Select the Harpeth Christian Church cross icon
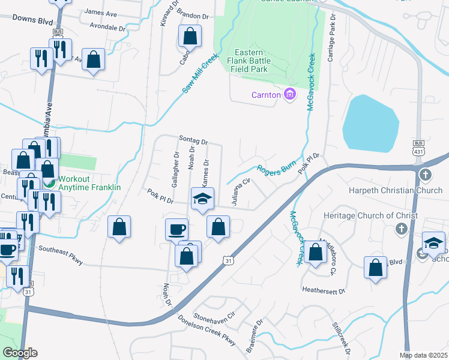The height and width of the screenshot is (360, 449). click(425, 175)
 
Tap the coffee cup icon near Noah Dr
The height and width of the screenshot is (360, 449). click(176, 229)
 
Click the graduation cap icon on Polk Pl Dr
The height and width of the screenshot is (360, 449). click(203, 198)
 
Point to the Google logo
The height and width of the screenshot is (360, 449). click(20, 353)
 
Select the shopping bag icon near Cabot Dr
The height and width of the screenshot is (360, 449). click(190, 36)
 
